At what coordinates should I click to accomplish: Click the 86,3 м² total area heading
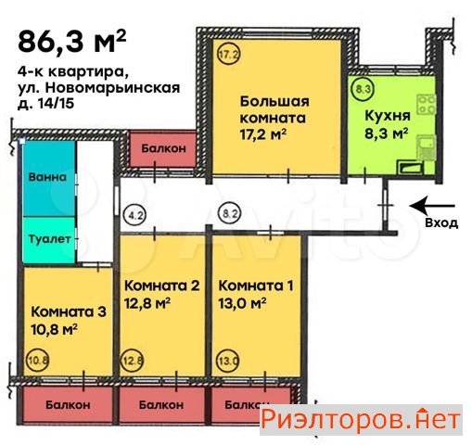[70, 42]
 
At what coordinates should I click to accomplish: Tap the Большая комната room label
[274, 110]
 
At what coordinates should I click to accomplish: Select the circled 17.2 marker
[228, 55]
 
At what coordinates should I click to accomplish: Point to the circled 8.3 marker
[363, 90]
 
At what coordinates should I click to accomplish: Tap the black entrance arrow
[432, 206]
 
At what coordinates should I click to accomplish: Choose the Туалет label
[46, 239]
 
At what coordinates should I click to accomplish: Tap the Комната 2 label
[162, 286]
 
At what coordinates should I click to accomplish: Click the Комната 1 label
[254, 286]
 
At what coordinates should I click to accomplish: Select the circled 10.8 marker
[38, 362]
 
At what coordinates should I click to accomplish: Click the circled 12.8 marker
[134, 362]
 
